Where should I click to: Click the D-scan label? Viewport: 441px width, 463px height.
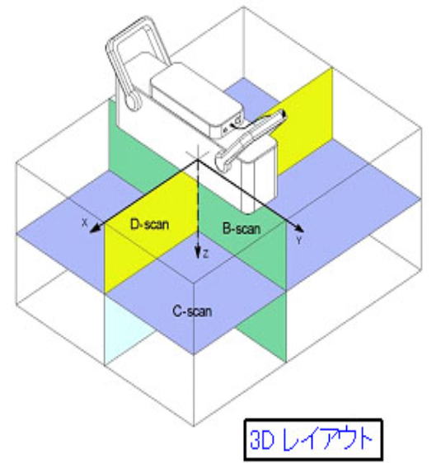(149, 224)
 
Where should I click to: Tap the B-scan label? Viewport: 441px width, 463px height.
(242, 228)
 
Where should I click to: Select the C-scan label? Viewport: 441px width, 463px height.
(192, 311)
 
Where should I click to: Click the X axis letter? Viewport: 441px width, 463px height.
(85, 222)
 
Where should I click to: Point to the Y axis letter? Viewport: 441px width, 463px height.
(299, 241)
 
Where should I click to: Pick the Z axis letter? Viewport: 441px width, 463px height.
(206, 254)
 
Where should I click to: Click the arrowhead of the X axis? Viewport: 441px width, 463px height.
(95, 229)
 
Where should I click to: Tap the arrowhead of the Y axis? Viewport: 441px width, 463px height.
(298, 228)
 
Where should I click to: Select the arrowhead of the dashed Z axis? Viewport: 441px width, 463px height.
(198, 253)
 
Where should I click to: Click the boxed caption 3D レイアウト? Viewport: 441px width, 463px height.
(313, 440)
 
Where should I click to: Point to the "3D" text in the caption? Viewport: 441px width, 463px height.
(262, 440)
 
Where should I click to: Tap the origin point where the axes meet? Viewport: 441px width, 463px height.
(197, 160)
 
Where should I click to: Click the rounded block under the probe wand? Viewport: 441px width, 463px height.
(260, 177)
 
